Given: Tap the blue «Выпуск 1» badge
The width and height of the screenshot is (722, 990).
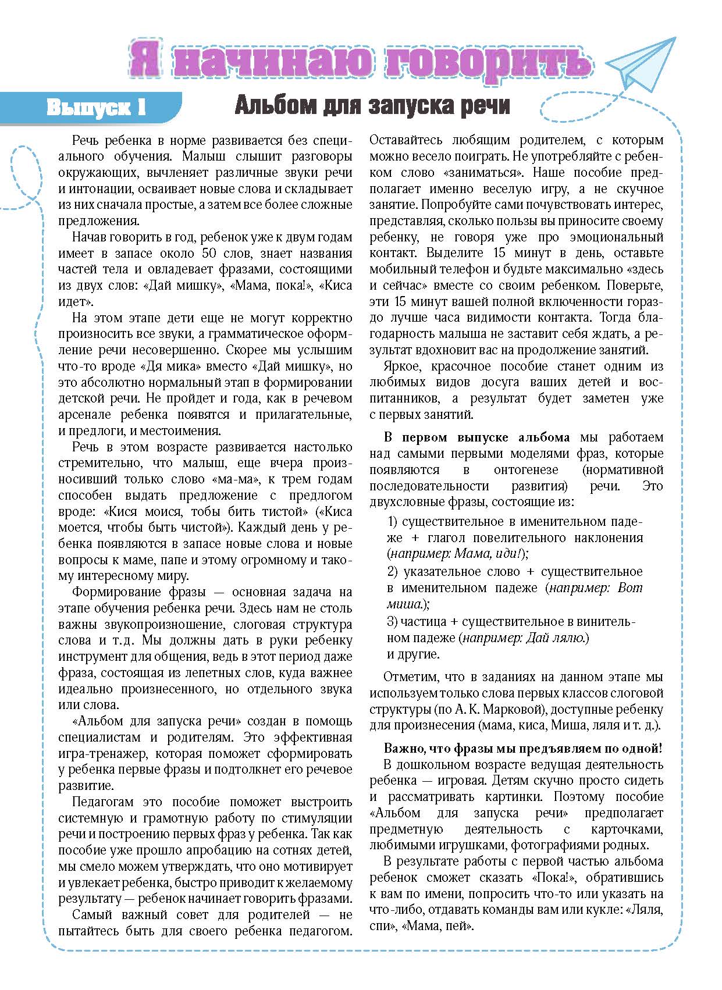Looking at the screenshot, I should point(95,108).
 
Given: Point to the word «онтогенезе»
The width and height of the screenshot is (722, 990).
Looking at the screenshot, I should point(525,470).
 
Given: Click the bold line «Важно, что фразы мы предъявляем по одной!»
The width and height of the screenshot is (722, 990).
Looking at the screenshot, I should point(523,749).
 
